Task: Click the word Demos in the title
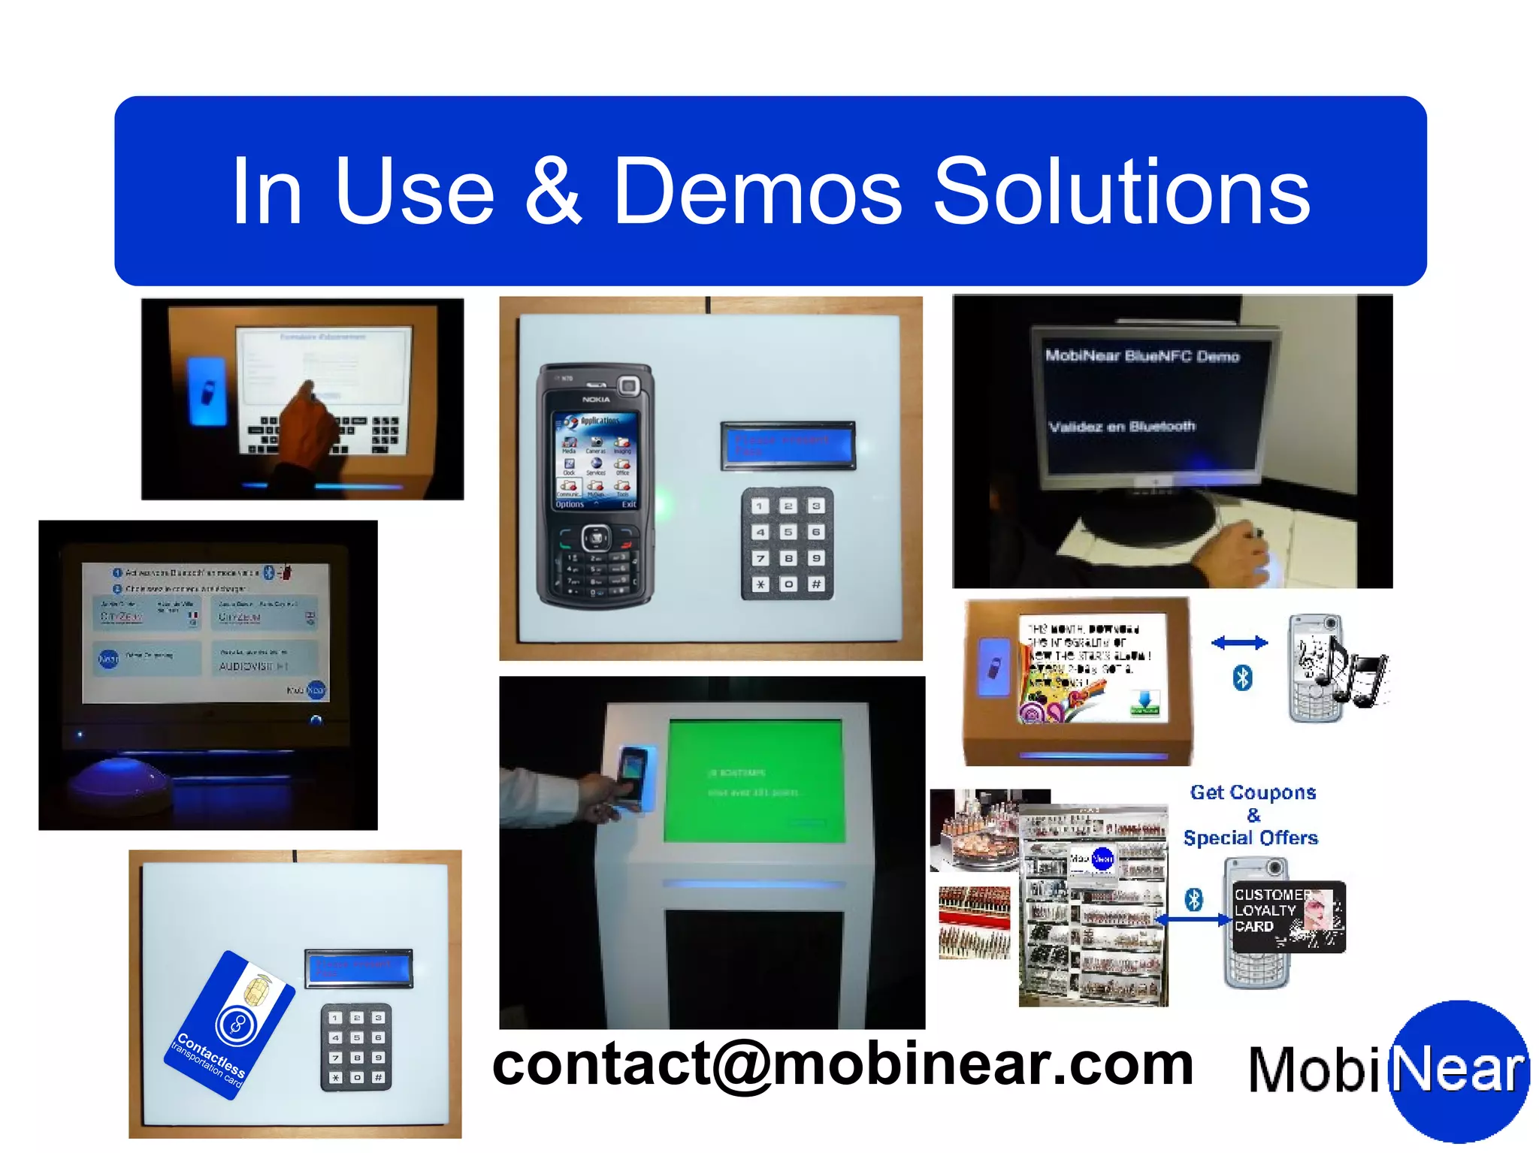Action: [757, 192]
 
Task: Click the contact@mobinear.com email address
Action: [842, 1064]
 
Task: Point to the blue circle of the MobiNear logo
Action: [1458, 1070]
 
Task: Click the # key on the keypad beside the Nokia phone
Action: [816, 584]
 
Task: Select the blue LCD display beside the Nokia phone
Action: [788, 445]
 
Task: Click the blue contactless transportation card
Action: [229, 1025]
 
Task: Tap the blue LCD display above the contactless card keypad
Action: [358, 968]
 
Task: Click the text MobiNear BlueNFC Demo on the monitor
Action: [1141, 356]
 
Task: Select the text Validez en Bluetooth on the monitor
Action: [1121, 427]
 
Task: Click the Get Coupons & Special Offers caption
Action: [1251, 815]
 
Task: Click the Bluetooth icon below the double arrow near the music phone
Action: [1242, 678]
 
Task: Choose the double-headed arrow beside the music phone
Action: [1239, 642]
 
